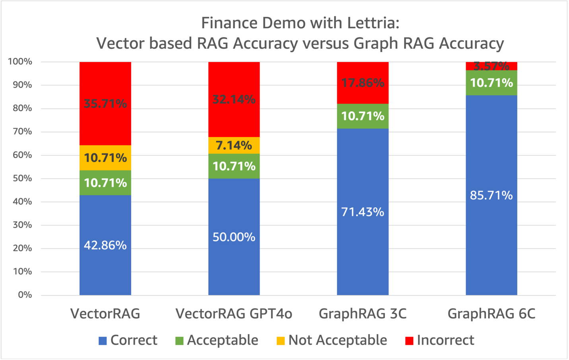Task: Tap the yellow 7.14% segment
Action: pyautogui.click(x=234, y=145)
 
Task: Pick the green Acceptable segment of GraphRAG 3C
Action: pyautogui.click(x=363, y=116)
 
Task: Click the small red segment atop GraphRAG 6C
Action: pyautogui.click(x=491, y=66)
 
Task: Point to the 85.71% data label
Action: pyautogui.click(x=491, y=195)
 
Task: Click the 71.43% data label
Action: pyautogui.click(x=363, y=212)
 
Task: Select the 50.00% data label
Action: pyautogui.click(x=234, y=237)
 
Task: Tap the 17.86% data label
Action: pyautogui.click(x=363, y=83)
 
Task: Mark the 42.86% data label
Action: pyautogui.click(x=105, y=245)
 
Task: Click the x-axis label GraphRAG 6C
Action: pyautogui.click(x=491, y=314)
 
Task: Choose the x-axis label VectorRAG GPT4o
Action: pyautogui.click(x=234, y=314)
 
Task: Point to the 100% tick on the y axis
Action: pyautogui.click(x=20, y=62)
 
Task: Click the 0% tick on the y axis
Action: pyautogui.click(x=25, y=295)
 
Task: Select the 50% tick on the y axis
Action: pyautogui.click(x=22, y=178)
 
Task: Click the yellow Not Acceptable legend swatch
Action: pyautogui.click(x=281, y=341)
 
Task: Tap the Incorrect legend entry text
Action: pyautogui.click(x=445, y=341)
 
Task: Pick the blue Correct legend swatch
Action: pyautogui.click(x=103, y=341)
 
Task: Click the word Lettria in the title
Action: pyautogui.click(x=373, y=23)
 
